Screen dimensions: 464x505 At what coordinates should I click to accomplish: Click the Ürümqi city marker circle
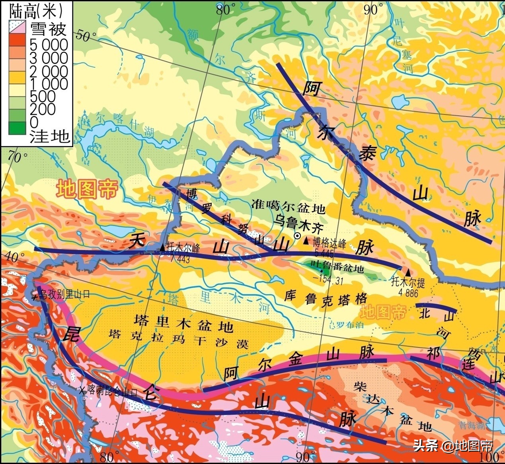coord(297,236)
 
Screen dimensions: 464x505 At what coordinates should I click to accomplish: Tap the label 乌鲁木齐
coord(299,226)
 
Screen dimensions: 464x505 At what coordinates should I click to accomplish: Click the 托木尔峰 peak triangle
coord(162,248)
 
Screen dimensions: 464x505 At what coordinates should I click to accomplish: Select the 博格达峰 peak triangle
coord(306,241)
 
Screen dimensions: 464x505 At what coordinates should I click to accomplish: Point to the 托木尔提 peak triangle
coord(408,272)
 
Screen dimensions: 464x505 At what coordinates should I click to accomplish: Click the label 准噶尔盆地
coord(289,208)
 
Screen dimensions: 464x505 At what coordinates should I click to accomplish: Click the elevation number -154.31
coord(328,280)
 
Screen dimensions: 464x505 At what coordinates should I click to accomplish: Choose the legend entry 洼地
coord(50,136)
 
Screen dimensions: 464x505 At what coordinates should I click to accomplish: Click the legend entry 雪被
coord(48,29)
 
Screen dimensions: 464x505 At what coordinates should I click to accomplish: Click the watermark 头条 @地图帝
coord(453,446)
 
